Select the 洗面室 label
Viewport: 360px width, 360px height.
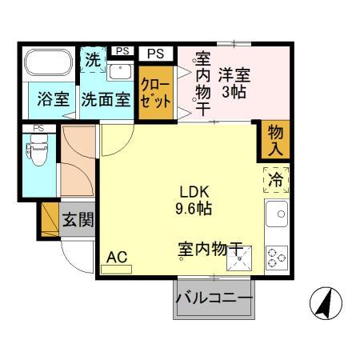106,102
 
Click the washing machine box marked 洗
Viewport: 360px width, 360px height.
93,58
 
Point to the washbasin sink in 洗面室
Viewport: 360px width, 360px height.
121,72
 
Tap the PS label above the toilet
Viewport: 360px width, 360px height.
37,128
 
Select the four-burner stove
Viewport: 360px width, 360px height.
276,256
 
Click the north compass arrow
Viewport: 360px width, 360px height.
326,303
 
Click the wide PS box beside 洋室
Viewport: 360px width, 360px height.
158,54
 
